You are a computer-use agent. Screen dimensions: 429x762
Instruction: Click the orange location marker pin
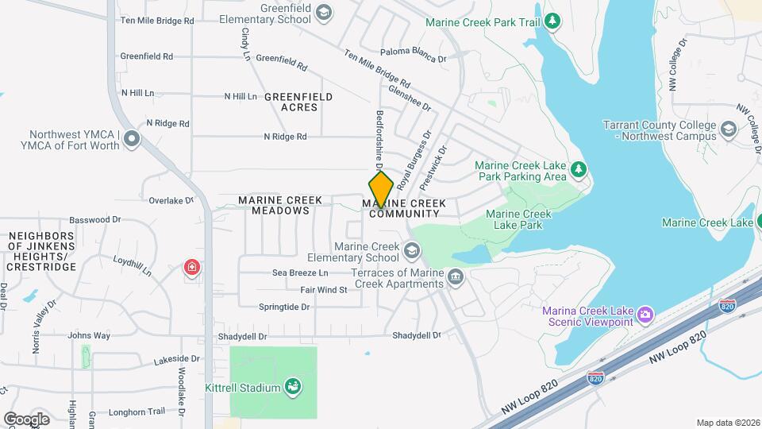(x=381, y=190)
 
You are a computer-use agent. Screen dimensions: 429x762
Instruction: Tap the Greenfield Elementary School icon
(x=322, y=12)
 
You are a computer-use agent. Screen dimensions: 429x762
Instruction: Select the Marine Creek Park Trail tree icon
(x=555, y=21)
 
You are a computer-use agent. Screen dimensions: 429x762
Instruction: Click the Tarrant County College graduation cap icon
(x=728, y=129)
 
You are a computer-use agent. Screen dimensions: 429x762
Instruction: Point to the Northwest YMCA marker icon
(x=131, y=140)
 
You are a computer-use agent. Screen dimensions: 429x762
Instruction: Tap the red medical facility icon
(x=190, y=267)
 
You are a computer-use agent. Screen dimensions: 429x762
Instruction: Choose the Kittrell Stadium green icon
(x=293, y=388)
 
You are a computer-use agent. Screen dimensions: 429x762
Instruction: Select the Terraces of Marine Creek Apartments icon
(x=456, y=277)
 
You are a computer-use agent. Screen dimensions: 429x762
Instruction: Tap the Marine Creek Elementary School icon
(x=411, y=252)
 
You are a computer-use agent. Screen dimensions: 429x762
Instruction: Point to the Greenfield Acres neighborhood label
(x=298, y=102)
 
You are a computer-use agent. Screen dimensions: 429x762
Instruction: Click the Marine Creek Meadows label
(x=280, y=206)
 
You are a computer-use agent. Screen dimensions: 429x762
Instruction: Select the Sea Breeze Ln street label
(x=300, y=272)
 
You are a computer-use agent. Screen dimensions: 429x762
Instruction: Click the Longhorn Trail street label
(x=137, y=412)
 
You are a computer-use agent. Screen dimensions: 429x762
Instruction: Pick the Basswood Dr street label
(x=94, y=219)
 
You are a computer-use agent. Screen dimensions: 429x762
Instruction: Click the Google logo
(x=26, y=419)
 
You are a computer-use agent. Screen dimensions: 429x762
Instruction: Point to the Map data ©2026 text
(x=727, y=423)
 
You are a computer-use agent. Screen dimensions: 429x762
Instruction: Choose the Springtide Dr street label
(x=283, y=307)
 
